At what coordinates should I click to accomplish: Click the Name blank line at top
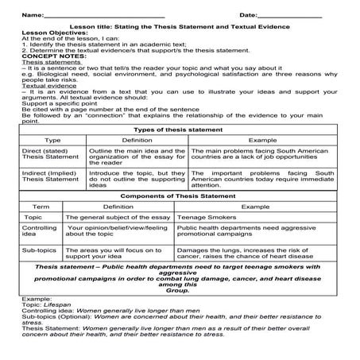(103, 15)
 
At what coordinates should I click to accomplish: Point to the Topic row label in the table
(33, 216)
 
